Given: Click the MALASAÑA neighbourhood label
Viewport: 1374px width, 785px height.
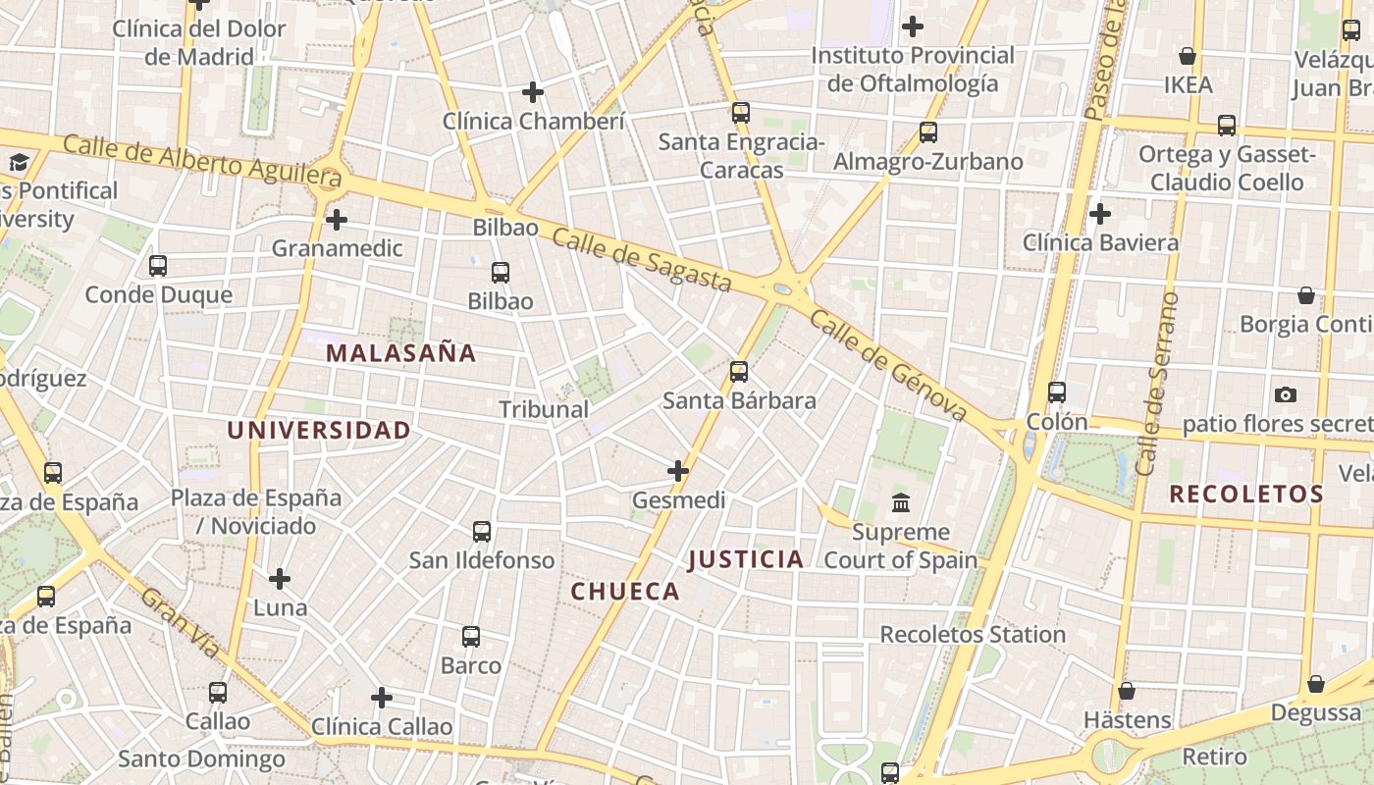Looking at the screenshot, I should [400, 353].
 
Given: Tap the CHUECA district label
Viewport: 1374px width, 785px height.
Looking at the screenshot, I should [625, 591].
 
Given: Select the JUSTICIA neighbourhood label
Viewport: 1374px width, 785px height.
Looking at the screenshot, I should [746, 559].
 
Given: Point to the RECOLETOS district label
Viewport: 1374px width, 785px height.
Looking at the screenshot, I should [1246, 494].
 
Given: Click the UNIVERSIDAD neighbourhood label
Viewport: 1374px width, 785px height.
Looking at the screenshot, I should [319, 430].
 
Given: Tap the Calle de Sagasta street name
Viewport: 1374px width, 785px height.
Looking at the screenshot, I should [642, 259].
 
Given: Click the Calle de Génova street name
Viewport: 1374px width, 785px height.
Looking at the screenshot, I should [889, 366].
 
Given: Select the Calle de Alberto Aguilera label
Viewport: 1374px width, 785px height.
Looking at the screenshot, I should [202, 160].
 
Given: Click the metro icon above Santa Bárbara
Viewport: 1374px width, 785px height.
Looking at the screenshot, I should [739, 372].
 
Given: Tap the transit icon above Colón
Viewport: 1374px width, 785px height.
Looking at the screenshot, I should [1057, 392].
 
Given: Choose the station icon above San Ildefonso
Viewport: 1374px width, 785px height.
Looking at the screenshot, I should [482, 532].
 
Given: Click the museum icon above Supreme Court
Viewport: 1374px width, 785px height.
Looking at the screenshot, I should [901, 503].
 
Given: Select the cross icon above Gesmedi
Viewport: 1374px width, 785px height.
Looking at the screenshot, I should [678, 471].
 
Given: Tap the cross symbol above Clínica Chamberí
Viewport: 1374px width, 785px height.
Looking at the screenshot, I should [533, 92].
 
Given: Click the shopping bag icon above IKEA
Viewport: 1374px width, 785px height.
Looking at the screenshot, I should [1188, 56].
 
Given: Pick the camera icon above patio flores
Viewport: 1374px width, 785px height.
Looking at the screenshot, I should [1286, 394].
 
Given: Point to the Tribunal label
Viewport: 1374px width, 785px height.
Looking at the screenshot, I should [544, 409].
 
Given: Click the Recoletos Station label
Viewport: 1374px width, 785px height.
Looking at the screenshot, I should [973, 634].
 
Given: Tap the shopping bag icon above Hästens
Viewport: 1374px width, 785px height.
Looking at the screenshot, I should [1127, 691].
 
